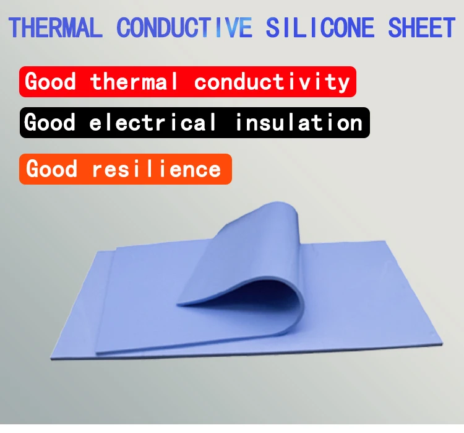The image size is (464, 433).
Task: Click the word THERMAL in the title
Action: click(56, 28)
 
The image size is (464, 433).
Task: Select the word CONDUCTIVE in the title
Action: click(184, 28)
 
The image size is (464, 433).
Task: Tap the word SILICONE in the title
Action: click(320, 28)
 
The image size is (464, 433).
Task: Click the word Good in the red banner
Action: click(51, 82)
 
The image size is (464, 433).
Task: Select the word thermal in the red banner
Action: click(134, 82)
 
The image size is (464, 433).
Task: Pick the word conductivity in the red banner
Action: click(272, 82)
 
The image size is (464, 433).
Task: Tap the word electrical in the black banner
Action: click(153, 123)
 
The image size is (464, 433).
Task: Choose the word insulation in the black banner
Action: click(299, 123)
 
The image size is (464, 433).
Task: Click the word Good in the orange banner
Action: click(51, 169)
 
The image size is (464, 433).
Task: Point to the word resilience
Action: click(157, 169)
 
